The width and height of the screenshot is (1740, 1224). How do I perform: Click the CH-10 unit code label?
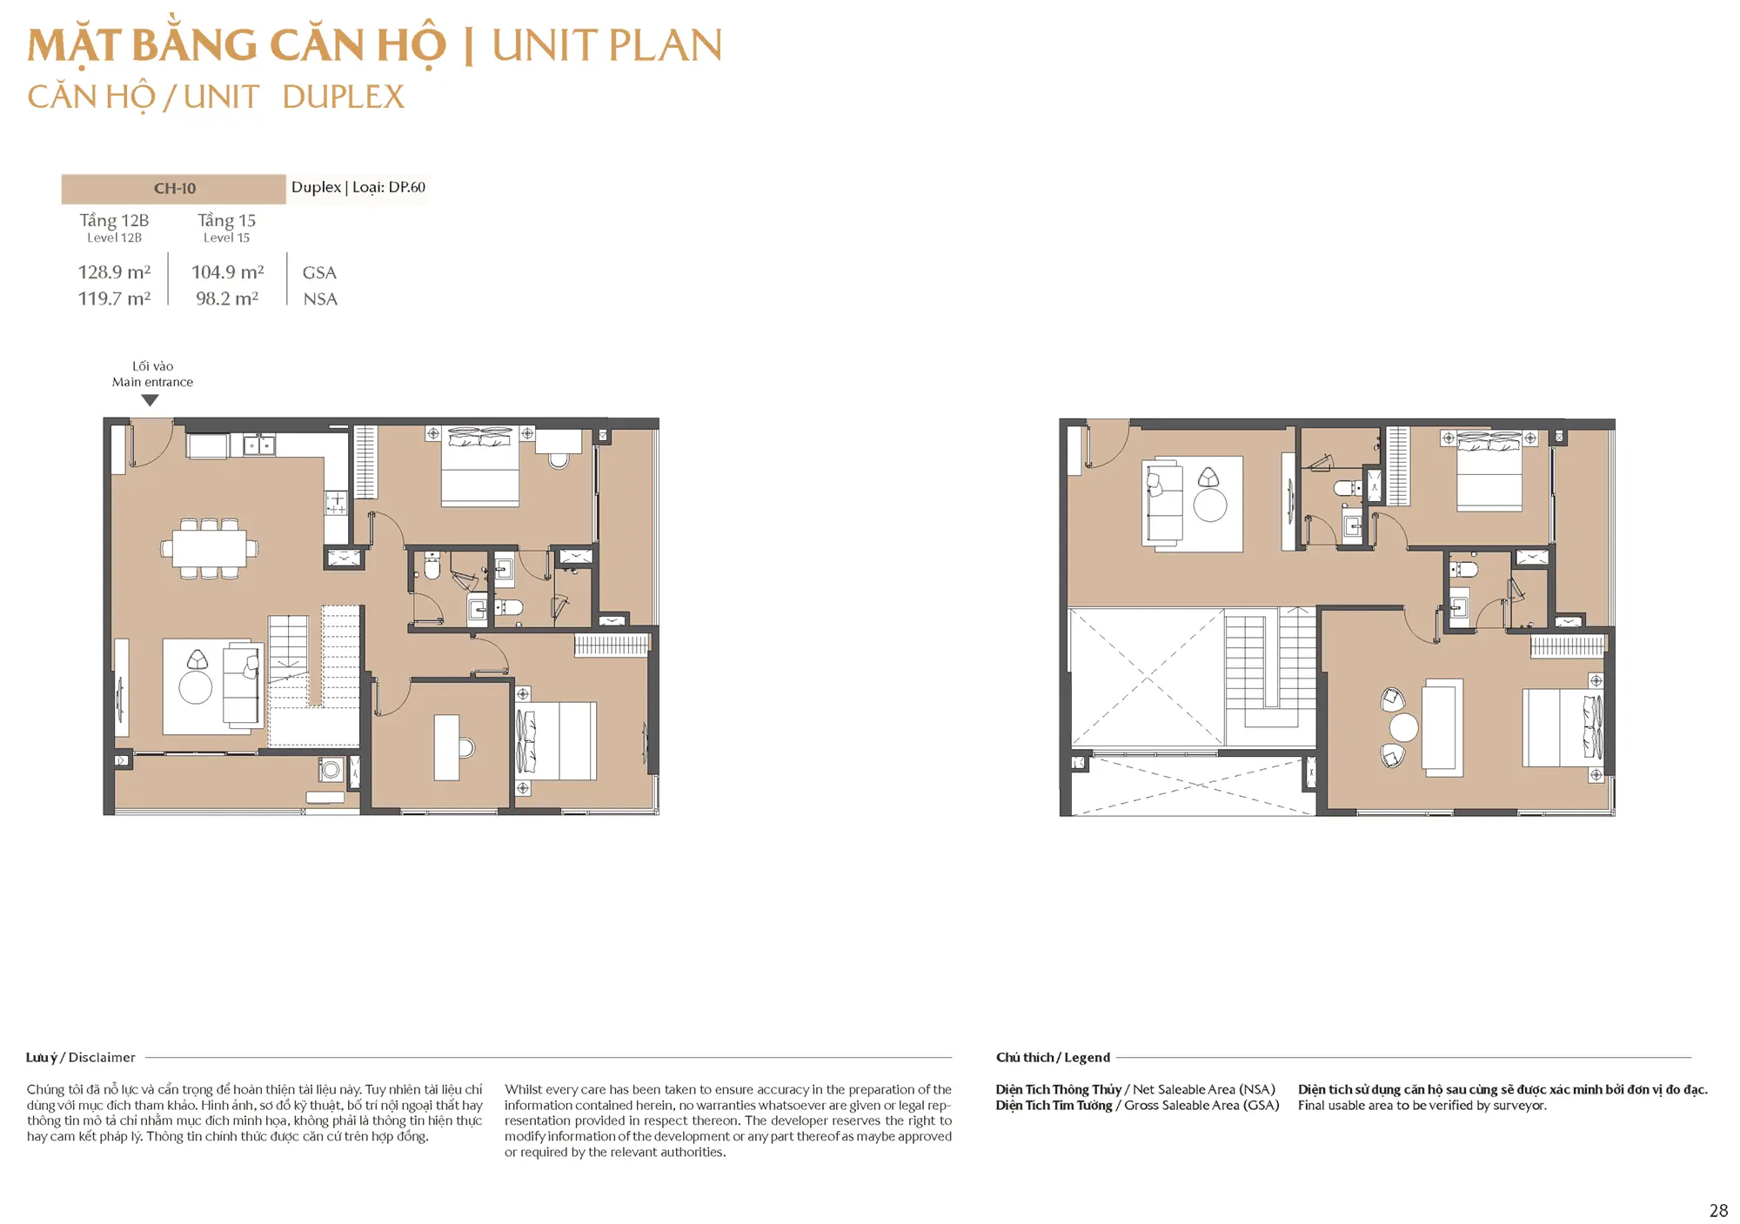tap(175, 189)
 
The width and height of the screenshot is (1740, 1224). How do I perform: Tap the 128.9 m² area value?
tap(114, 272)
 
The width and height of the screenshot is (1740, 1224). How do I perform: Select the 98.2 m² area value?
tap(227, 298)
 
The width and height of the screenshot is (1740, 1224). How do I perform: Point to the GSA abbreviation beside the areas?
tap(319, 273)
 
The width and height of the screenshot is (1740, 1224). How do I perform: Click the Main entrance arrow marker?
tap(151, 400)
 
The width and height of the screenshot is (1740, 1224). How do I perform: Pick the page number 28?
tap(1718, 1211)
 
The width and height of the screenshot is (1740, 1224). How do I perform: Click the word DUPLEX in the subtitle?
tap(344, 97)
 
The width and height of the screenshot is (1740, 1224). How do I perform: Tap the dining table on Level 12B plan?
tap(209, 548)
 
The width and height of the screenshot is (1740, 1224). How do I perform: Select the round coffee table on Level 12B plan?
tap(196, 687)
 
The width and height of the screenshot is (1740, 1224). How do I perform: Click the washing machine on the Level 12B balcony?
tap(331, 771)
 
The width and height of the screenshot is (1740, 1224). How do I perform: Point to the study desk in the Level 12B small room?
tap(447, 747)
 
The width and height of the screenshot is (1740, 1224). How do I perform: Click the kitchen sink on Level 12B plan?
tap(258, 445)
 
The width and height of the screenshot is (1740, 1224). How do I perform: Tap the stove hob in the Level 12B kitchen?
tap(337, 502)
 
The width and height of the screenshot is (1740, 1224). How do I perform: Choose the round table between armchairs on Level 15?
tap(1403, 727)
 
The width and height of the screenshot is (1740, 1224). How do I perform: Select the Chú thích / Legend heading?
tap(1053, 1058)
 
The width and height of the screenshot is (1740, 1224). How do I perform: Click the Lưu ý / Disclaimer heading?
tap(81, 1058)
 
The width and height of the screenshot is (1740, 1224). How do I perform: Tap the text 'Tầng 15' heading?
tap(227, 221)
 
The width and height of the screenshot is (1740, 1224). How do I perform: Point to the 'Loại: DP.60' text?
tap(389, 188)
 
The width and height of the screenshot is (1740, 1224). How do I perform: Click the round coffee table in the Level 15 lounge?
tap(1210, 505)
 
